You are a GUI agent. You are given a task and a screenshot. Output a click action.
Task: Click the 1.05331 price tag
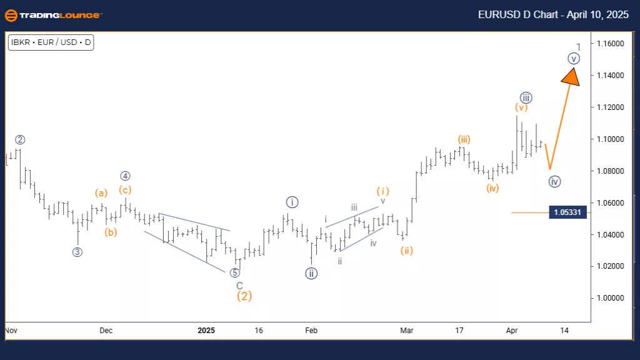(567, 212)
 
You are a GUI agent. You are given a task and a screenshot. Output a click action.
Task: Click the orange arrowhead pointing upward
(571, 76)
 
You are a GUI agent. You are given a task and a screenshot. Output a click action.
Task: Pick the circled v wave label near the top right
(574, 59)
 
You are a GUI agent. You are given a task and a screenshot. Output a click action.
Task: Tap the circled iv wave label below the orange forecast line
(554, 182)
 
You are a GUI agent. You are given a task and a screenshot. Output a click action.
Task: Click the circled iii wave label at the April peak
(526, 97)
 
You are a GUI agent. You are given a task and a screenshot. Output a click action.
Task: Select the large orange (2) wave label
(244, 296)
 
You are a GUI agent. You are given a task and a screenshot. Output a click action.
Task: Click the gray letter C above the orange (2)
(239, 285)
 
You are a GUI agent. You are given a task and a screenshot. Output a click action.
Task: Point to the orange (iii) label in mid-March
(463, 139)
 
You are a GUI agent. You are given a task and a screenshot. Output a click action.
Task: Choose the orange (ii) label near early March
(407, 251)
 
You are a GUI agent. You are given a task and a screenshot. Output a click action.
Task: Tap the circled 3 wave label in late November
(77, 252)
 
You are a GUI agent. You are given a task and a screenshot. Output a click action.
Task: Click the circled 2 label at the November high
(20, 139)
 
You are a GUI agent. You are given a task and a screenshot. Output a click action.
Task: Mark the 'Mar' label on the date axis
(407, 329)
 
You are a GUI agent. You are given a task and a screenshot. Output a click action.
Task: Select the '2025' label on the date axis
(206, 329)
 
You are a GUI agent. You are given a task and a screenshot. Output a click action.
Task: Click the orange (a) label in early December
(102, 192)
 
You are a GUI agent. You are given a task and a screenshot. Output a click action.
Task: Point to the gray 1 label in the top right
(579, 47)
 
